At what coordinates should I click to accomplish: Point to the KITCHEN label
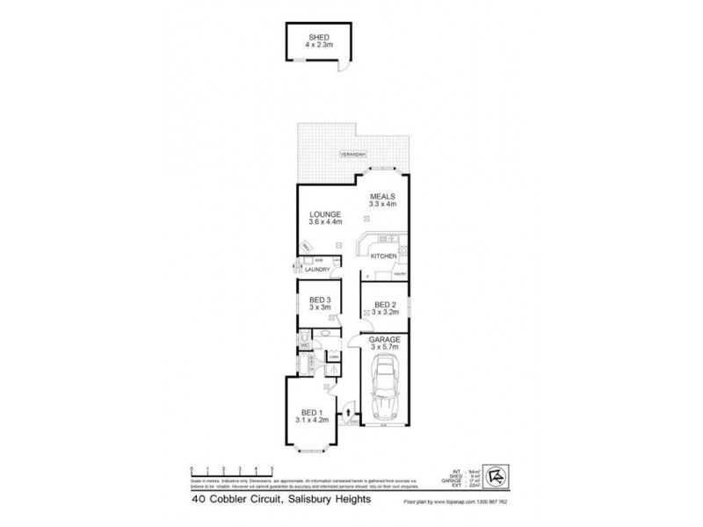click(383, 256)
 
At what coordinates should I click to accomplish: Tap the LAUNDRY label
click(318, 270)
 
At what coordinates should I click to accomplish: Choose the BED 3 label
click(318, 301)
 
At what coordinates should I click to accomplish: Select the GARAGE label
click(386, 339)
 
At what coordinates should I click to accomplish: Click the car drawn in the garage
click(386, 390)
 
